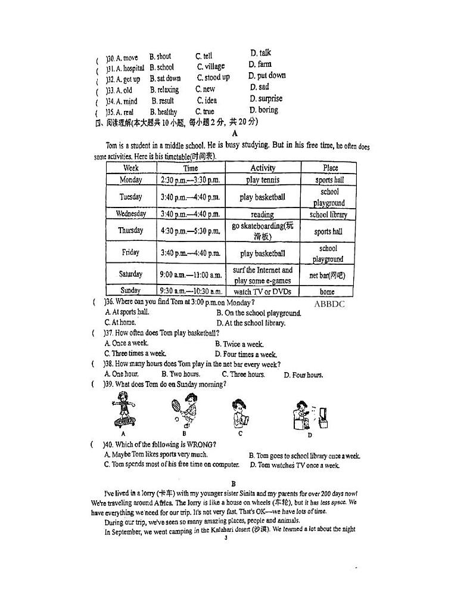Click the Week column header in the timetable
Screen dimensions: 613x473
click(130, 168)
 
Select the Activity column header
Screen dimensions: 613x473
click(262, 168)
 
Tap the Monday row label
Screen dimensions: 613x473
click(130, 179)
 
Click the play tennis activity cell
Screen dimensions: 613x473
click(262, 179)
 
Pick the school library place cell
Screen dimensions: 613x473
click(328, 215)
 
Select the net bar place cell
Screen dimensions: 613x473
click(327, 275)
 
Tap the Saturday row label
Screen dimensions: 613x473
click(130, 274)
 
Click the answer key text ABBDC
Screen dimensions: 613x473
click(329, 304)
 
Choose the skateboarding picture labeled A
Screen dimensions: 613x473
click(124, 411)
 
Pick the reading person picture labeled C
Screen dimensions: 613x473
click(239, 412)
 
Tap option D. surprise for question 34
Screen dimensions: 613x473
click(266, 99)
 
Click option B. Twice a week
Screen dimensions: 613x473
click(239, 344)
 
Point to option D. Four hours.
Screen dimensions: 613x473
click(303, 375)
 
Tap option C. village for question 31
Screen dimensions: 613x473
click(210, 67)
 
